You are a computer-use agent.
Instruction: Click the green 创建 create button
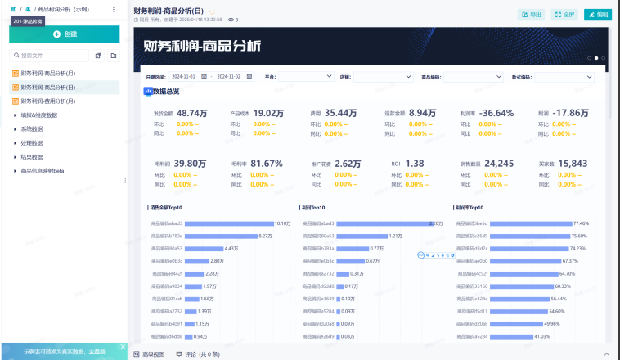click(64, 34)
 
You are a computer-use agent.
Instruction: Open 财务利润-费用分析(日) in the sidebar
click(48, 101)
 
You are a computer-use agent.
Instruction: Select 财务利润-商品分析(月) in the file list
click(48, 74)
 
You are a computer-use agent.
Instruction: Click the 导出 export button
click(531, 15)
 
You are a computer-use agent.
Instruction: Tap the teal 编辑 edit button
click(598, 15)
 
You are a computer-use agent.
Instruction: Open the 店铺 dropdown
click(384, 77)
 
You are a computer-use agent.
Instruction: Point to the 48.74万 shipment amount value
click(192, 113)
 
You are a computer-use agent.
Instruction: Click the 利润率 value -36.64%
click(496, 113)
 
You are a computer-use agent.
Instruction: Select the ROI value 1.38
click(415, 164)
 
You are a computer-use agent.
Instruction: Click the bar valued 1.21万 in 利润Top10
click(361, 236)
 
